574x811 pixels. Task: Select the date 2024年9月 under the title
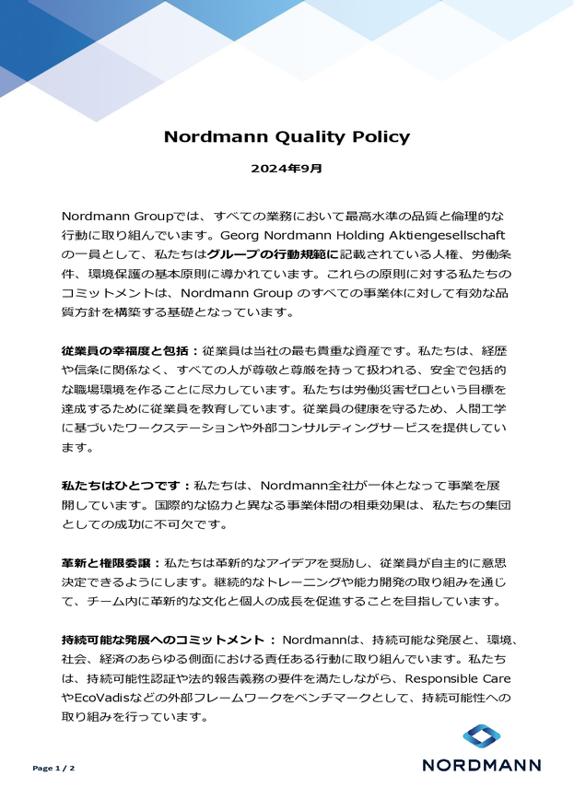(287, 169)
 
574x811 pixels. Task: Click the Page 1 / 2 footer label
(53, 768)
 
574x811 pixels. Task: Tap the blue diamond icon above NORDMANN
(481, 735)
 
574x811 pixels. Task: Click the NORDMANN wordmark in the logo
(481, 764)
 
